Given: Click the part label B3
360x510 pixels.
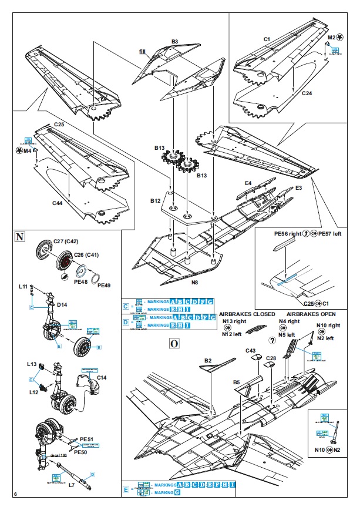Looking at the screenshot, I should click(174, 42).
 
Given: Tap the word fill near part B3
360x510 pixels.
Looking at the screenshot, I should click(142, 52).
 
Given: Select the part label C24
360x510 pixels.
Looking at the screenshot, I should click(307, 93).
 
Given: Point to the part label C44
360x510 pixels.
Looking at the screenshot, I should click(57, 203).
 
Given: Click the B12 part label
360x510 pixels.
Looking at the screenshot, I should click(155, 200).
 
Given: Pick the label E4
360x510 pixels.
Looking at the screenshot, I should click(248, 184).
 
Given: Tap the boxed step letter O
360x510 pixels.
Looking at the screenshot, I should click(173, 344).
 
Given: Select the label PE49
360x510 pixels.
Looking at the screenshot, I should click(103, 285).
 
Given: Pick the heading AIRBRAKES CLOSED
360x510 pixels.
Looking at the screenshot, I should click(248, 314).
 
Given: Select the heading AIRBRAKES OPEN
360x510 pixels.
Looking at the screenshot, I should click(311, 314).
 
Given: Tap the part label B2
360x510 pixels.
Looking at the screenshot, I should click(208, 360).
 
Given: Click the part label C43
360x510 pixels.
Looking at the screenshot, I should click(251, 351).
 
